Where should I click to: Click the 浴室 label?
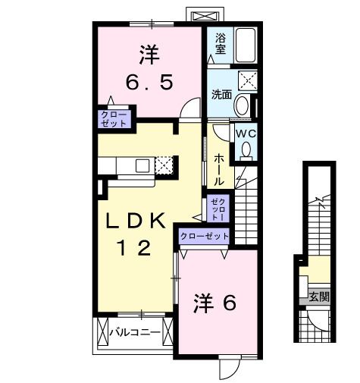221,43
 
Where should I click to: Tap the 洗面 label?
221,95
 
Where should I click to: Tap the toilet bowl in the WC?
244,151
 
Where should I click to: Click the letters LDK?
135,221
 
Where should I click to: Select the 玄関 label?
319,297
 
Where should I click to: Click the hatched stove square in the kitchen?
165,165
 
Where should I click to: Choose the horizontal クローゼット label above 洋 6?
204,237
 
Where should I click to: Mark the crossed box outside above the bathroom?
205,15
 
